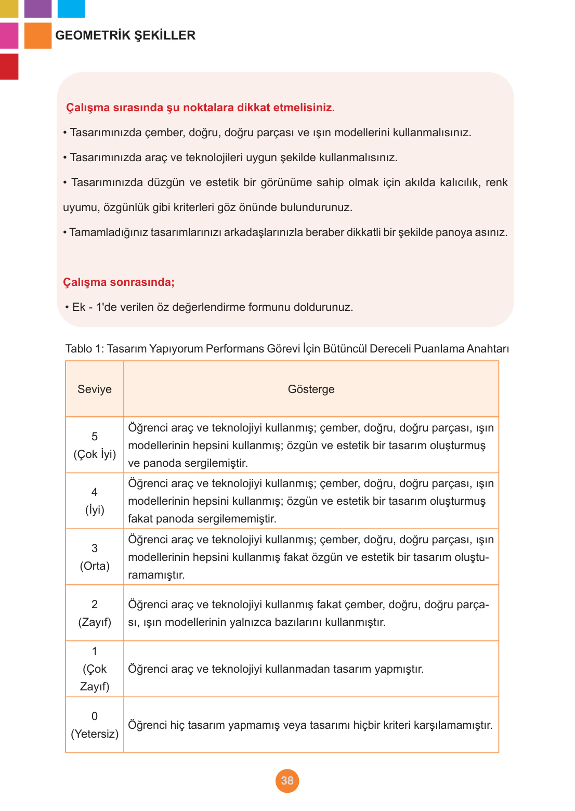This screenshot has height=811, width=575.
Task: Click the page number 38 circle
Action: pyautogui.click(x=287, y=780)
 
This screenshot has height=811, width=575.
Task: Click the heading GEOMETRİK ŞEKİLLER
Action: pyautogui.click(x=125, y=35)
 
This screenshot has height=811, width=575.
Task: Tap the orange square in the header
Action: pyautogui.click(x=38, y=35)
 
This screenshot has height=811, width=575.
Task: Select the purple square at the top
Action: pyautogui.click(x=38, y=8)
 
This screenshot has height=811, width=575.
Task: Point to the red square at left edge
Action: pyautogui.click(x=9, y=67)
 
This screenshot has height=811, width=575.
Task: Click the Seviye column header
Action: pyautogui.click(x=95, y=389)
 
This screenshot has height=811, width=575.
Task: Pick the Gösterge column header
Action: pyautogui.click(x=311, y=389)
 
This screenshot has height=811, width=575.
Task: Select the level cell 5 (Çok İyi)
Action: pyautogui.click(x=95, y=445)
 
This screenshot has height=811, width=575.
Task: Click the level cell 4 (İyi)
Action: pyautogui.click(x=95, y=501)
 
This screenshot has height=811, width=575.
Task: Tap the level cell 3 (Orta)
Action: pyautogui.click(x=95, y=557)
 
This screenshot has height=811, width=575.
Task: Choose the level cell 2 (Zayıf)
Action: pyautogui.click(x=95, y=613)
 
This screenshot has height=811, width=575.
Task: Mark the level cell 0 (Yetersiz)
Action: pyautogui.click(x=95, y=725)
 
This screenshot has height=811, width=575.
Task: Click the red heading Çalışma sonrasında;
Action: pyautogui.click(x=119, y=282)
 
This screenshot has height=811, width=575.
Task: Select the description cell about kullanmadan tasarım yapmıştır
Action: pyautogui.click(x=311, y=669)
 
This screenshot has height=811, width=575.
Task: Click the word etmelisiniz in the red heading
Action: pyautogui.click(x=303, y=108)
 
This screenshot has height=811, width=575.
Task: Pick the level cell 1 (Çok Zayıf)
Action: pyautogui.click(x=95, y=669)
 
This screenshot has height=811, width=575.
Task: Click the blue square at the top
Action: pyautogui.click(x=71, y=8)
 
